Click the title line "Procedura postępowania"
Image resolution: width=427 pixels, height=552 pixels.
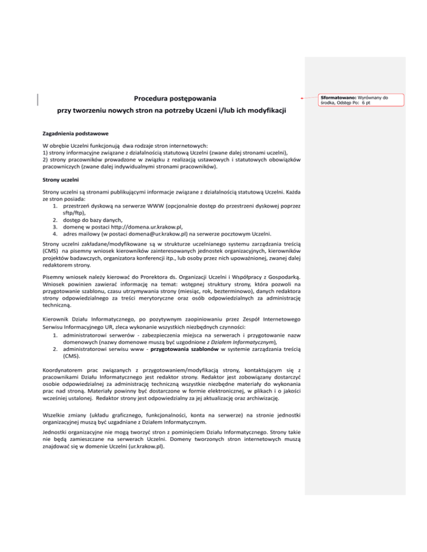click(171, 98)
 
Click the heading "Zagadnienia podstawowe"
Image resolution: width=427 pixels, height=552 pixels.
click(76, 134)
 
